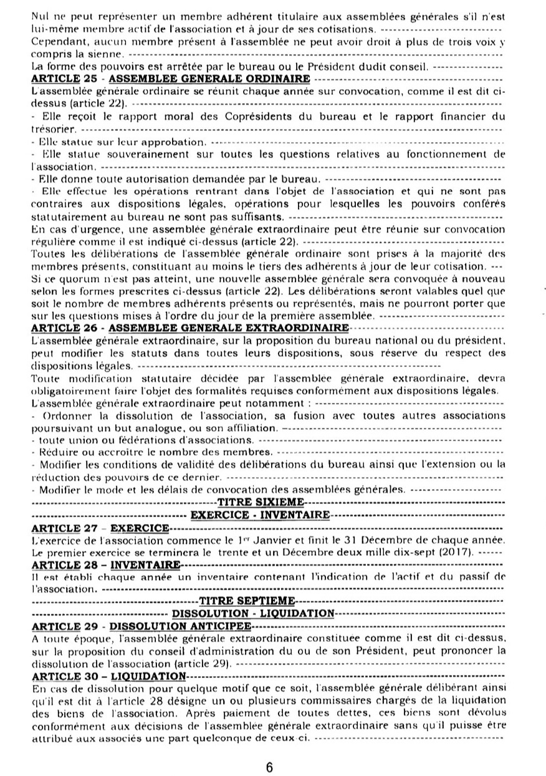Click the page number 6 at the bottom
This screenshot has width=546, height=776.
click(x=269, y=767)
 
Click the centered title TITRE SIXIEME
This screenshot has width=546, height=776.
click(x=261, y=502)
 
